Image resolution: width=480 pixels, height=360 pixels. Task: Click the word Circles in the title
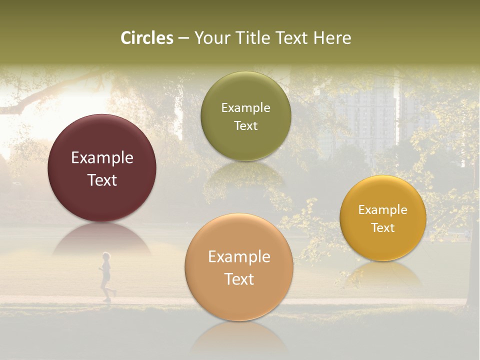147,38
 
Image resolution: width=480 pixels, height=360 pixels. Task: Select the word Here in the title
332,38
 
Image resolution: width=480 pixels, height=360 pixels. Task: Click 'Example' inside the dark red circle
102,158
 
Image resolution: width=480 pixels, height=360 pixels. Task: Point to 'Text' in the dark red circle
102,180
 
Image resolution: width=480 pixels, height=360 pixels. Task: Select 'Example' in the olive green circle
245,108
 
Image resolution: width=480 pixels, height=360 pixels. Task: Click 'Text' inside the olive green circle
245,126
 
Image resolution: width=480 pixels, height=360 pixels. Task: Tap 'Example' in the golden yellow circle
383,210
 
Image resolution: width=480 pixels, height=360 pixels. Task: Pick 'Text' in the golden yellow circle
383,228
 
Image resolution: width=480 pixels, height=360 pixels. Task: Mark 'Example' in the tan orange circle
239,257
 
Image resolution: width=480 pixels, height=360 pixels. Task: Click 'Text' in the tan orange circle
239,279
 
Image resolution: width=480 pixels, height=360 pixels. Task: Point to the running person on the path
105,276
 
